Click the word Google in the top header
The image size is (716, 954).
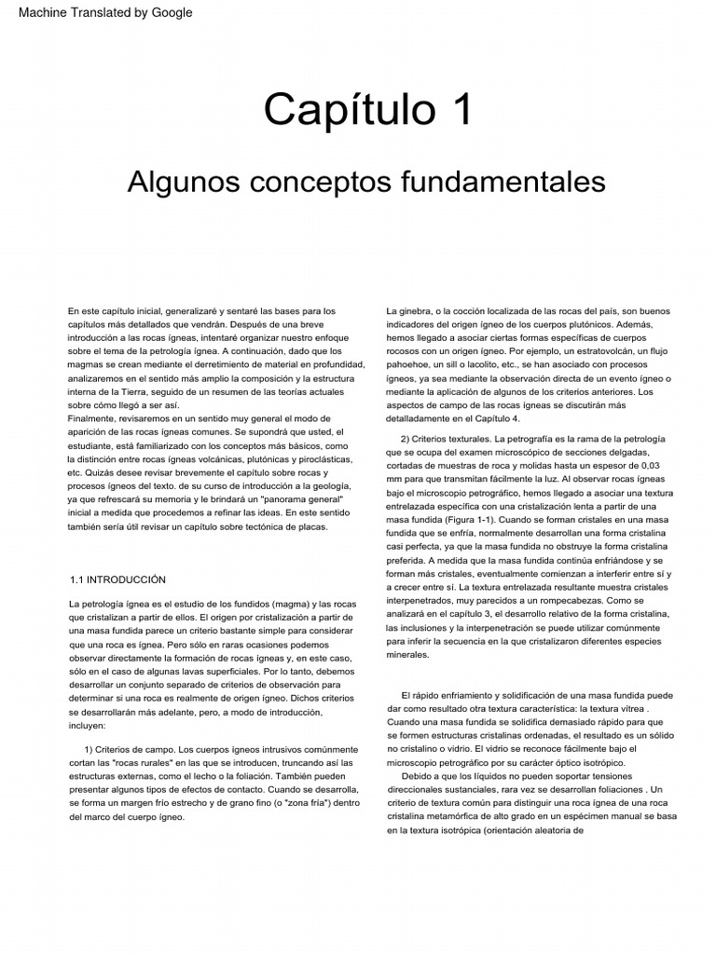pos(172,12)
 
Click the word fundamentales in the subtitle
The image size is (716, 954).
pos(513,182)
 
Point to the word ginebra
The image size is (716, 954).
pos(417,310)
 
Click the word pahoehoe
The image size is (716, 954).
pos(415,366)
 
